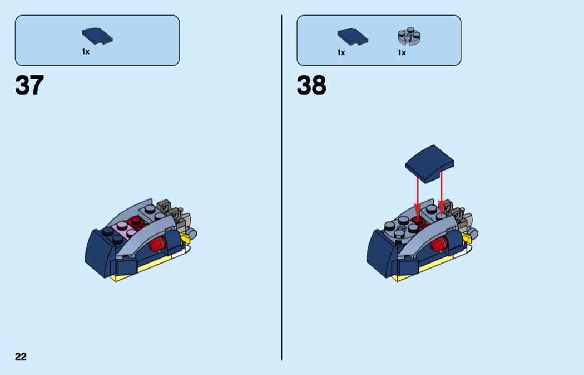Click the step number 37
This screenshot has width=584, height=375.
coord(29,85)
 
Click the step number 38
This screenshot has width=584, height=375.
coord(311,85)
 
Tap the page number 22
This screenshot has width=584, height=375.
coord(21,357)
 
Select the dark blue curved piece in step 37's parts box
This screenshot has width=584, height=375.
coord(97,36)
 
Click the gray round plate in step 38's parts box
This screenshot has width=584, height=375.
coord(409,36)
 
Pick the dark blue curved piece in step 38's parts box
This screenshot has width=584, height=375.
coord(353,37)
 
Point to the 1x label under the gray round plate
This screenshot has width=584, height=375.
coord(402,52)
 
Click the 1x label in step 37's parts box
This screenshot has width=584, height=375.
coord(86,52)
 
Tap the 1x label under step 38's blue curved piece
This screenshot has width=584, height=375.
coord(341,52)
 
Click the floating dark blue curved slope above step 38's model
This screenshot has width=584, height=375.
coord(429,163)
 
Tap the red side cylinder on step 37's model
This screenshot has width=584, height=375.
coord(158,243)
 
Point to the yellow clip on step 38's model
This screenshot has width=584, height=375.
coord(467,238)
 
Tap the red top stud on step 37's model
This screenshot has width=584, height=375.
coord(136,222)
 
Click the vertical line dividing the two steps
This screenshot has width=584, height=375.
coord(281,187)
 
